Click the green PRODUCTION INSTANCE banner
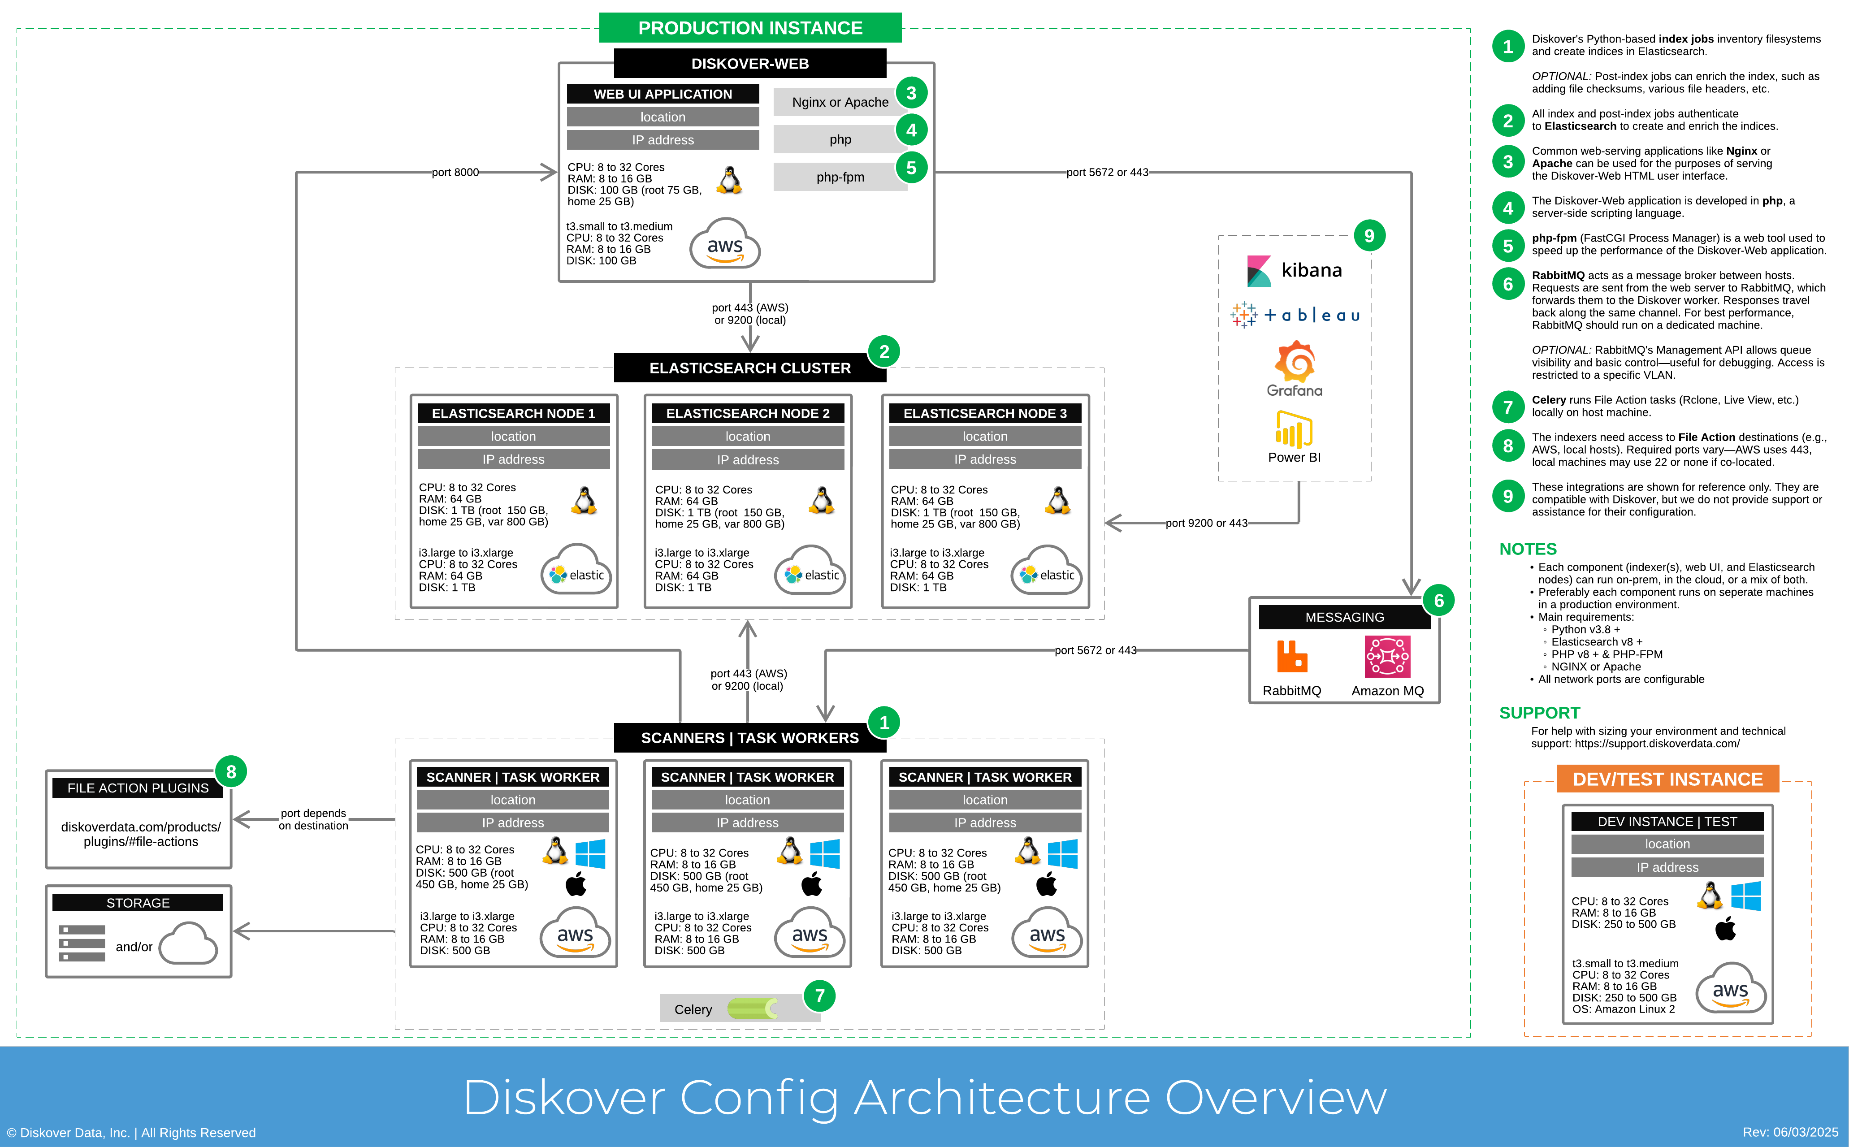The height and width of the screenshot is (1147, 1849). click(749, 28)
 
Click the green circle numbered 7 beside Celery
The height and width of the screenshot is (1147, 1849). click(819, 996)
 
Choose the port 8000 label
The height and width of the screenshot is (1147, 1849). click(455, 172)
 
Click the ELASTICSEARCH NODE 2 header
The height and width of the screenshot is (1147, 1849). click(747, 413)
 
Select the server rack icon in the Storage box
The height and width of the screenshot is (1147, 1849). click(82, 943)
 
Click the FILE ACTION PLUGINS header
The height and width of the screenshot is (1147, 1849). click(138, 788)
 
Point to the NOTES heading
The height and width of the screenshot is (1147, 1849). click(1528, 549)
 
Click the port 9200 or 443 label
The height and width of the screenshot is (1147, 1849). click(1206, 523)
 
